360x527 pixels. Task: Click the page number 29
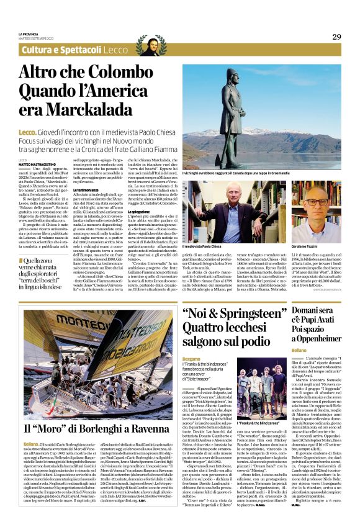(x=336, y=37)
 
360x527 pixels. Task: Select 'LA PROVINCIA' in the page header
(x=29, y=34)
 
